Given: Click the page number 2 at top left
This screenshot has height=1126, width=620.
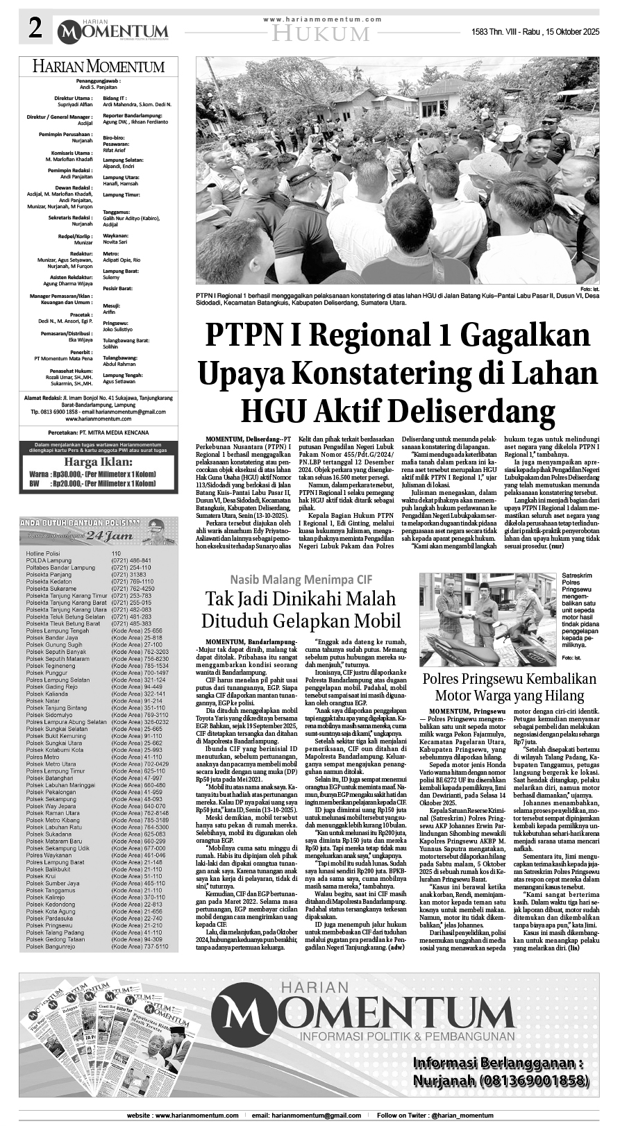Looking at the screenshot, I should click(35, 29).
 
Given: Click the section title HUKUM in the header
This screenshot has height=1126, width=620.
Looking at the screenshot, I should click(320, 33).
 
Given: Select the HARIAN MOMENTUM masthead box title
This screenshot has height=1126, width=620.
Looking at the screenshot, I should click(98, 67).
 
